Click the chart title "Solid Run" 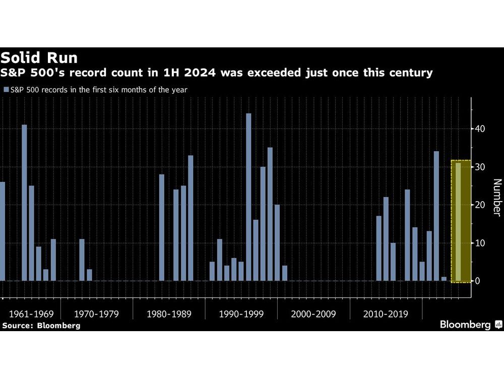pos(39,57)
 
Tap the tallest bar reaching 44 pos(248,197)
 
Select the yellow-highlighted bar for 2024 pos(458,222)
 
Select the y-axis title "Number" pos(496,198)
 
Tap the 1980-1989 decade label pos(169,314)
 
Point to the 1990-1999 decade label pos(241,314)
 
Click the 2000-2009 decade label pos(313,314)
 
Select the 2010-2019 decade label pos(386,314)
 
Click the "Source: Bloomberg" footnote pos(41,326)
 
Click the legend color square pos(6,90)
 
